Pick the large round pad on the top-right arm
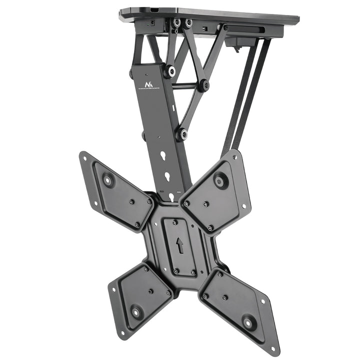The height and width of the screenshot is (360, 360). [x=220, y=179]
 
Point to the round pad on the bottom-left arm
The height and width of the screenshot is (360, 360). [x=135, y=312]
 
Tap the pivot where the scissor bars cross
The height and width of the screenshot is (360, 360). [x=203, y=84]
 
